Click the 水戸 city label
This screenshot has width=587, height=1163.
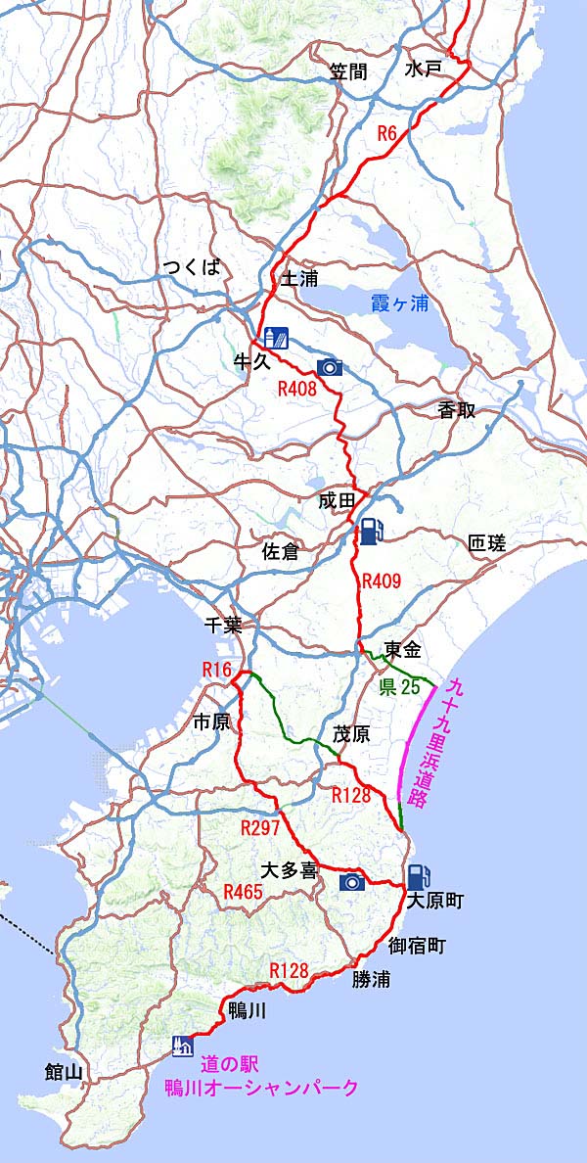[x=423, y=69]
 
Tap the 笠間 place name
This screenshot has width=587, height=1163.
[x=348, y=71]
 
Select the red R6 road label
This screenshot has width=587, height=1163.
[x=387, y=136]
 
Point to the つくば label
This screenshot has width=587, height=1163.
[x=192, y=267]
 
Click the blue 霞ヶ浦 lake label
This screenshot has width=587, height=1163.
[x=400, y=303]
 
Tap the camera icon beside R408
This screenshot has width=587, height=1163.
[x=330, y=367]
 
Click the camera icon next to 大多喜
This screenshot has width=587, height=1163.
[x=352, y=882]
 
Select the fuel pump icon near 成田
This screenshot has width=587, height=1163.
[x=369, y=532]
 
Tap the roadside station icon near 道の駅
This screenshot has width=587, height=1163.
[x=180, y=1046]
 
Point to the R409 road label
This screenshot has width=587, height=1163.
[x=382, y=581]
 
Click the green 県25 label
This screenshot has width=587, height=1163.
[x=399, y=687]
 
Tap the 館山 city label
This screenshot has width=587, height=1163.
[x=64, y=1072]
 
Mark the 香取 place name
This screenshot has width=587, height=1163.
[x=457, y=411]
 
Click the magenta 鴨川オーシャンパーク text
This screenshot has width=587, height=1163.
[x=260, y=1088]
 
